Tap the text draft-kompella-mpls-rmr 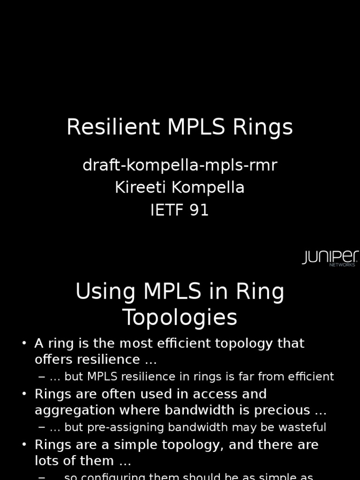(x=180, y=165)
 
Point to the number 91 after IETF (x=199, y=210)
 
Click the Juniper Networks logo (x=330, y=258)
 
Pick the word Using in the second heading (x=105, y=292)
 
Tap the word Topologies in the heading (x=180, y=318)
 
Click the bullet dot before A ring (x=24, y=344)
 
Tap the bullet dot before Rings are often (x=24, y=394)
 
